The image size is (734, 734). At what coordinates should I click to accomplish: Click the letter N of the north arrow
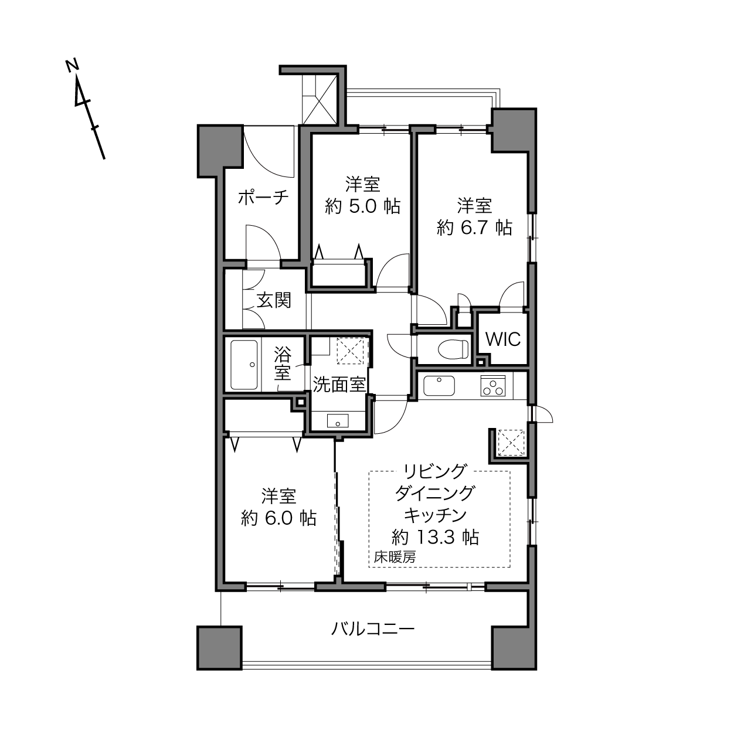pos(72,66)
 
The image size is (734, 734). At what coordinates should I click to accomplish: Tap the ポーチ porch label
pos(263,198)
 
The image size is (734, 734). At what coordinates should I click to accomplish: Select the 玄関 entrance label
pos(274,300)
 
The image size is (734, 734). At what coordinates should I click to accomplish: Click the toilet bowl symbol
pos(453,349)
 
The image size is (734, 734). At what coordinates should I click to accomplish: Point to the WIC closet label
pos(503,339)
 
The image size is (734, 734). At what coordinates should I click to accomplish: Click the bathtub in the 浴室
pos(244,365)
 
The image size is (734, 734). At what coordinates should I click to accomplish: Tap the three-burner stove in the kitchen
pos(493,386)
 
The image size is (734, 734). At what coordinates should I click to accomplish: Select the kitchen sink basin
pos(439,386)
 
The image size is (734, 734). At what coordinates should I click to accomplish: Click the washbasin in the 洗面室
pos(338,421)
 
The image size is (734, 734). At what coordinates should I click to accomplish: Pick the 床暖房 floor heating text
pos(394,558)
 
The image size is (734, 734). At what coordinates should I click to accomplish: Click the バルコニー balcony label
pos(372,629)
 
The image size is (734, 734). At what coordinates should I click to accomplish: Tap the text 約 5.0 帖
pos(363,206)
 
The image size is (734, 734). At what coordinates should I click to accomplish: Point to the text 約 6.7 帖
pos(474,228)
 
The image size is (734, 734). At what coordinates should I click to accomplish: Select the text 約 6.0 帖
pos(279,518)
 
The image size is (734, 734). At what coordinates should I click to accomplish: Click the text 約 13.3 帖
pos(436,537)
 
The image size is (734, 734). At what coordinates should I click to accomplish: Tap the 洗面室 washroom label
pos(339,385)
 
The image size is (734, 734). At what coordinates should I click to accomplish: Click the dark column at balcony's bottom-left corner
pos(219,648)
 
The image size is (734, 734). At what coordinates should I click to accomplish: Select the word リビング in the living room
pos(435,471)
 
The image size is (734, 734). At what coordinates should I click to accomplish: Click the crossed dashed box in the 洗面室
pos(351,350)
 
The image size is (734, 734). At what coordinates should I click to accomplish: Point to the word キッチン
pos(435,515)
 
